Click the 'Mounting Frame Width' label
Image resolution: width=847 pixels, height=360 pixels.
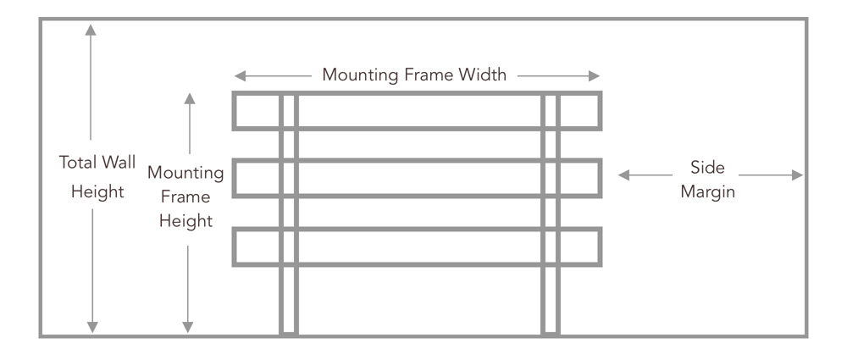[x=414, y=75]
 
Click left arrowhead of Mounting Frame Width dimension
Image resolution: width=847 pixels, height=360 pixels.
[x=240, y=75]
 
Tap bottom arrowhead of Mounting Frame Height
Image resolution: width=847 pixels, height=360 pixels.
[x=189, y=327]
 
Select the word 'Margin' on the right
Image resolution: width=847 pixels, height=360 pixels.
[x=711, y=191]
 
